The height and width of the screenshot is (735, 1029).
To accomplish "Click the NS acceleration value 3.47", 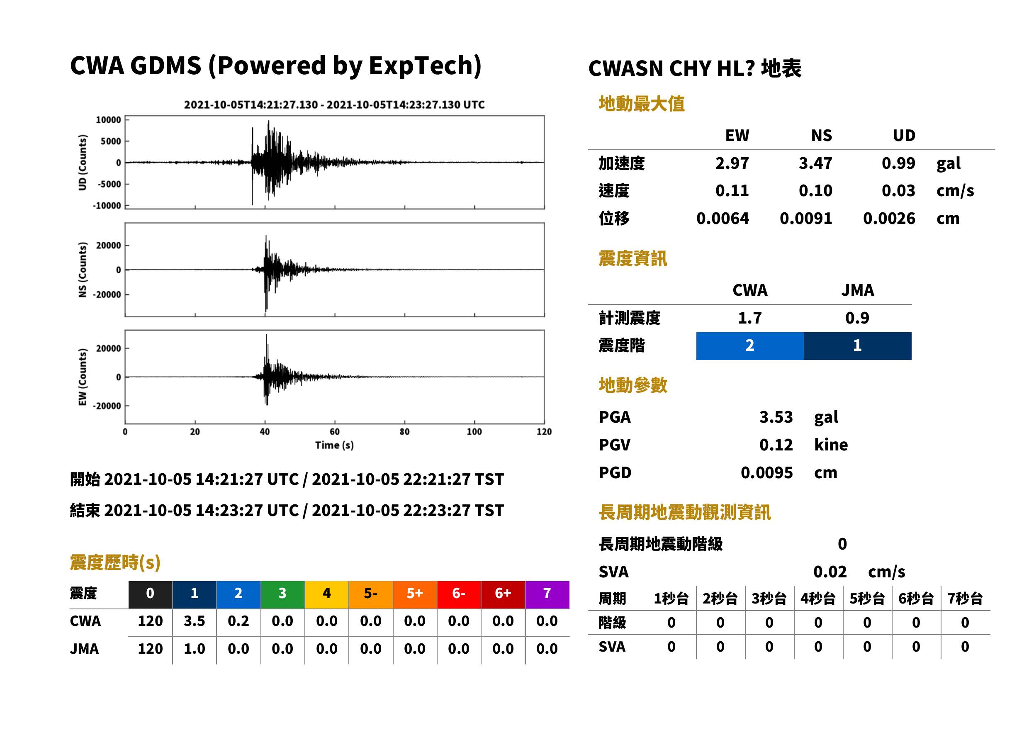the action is [815, 163].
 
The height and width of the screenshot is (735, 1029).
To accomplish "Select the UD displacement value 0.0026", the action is [889, 219].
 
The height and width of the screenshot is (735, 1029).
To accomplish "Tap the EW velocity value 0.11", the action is [732, 191].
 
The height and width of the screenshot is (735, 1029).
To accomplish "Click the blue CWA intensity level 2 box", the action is [750, 346].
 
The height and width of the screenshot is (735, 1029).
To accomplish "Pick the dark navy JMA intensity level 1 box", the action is [858, 346].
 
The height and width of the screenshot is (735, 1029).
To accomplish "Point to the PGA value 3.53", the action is [776, 417].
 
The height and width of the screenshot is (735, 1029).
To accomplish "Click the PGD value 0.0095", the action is [766, 472].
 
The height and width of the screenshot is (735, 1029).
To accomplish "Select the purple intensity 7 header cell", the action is [547, 594].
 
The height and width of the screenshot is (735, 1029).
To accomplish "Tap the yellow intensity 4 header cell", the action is [327, 594].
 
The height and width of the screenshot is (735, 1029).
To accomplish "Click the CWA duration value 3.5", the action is [195, 621].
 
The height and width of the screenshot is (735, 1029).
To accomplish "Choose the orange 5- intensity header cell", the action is [371, 594].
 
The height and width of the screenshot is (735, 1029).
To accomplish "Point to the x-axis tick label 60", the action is [334, 432].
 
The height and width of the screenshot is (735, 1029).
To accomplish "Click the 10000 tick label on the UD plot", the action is [108, 120].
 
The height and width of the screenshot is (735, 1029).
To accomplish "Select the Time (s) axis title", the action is [334, 445].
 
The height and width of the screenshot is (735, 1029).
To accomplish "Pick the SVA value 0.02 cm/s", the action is [859, 572].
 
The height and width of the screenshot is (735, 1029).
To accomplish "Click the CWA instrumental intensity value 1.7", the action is [750, 318].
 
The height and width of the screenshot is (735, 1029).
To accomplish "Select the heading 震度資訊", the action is [633, 259].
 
